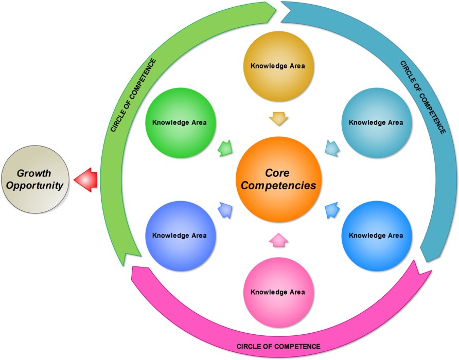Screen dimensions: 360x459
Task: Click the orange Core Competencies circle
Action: pos(278,179)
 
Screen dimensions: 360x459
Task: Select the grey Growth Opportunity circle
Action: pos(35,179)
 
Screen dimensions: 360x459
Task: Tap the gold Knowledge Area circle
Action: pos(278,66)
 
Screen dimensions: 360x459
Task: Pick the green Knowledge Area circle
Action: pos(180,122)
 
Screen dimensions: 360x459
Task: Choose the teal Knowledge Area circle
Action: pos(376,122)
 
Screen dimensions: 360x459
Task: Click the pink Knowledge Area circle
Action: pos(278,292)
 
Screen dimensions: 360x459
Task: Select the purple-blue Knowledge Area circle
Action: pos(180,236)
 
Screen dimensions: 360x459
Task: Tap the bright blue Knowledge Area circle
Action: pos(376,236)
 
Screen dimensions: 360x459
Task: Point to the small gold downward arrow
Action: pos(278,119)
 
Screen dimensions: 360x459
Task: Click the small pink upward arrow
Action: pos(278,239)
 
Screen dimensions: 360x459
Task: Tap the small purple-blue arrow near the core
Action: pos(224,210)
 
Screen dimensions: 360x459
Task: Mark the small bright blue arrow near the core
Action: pos(332,210)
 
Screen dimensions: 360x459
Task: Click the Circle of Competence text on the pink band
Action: pos(278,347)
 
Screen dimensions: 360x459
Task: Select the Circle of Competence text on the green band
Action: pos(133,95)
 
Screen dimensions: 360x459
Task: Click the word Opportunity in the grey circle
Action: pos(35,186)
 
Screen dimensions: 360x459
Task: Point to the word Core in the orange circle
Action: pos(277,173)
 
